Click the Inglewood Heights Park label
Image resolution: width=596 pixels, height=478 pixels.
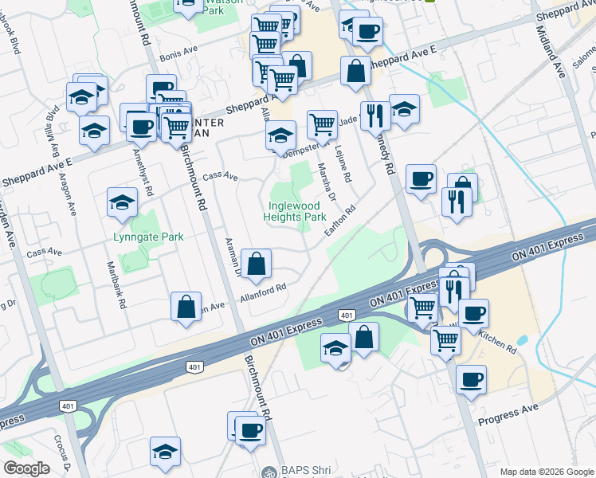(295, 210)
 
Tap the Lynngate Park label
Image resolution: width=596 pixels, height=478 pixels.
(148, 237)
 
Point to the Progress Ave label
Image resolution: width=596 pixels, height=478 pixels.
(508, 414)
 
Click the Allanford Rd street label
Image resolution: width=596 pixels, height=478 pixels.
(263, 294)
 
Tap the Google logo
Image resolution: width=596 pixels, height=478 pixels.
(26, 468)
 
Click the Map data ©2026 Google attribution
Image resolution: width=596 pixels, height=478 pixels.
(546, 472)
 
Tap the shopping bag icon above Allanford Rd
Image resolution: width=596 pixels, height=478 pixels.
(257, 265)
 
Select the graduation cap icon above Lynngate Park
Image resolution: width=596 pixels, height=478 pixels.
(121, 203)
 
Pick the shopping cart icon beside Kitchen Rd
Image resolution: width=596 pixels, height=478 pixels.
(445, 340)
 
